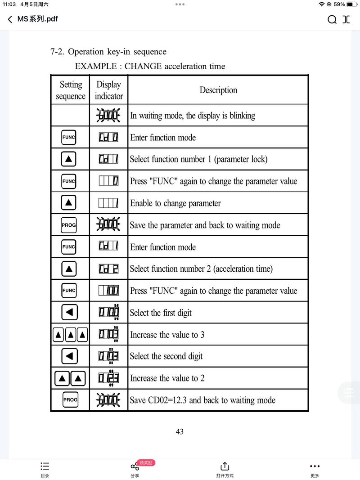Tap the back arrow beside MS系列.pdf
pos(10,19)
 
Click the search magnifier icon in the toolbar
pos(332,19)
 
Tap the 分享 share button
pos(135,469)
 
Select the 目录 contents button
pos(45,469)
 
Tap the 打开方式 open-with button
pos(225,469)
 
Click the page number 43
pos(180,431)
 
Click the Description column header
pos(218,90)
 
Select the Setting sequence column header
pos(70,90)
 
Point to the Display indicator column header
pos(109,90)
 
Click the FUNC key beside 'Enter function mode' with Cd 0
pos(69,137)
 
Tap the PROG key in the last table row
pos(70,399)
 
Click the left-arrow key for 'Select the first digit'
pos(69,312)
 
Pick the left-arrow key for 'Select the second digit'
pos(69,356)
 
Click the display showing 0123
pos(108,378)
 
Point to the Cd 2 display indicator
pos(108,269)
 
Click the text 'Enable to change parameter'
pos(175,203)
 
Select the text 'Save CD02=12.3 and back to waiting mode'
pos(202,400)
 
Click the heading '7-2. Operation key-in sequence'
pos(108,52)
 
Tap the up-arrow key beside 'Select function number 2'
pos(69,269)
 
